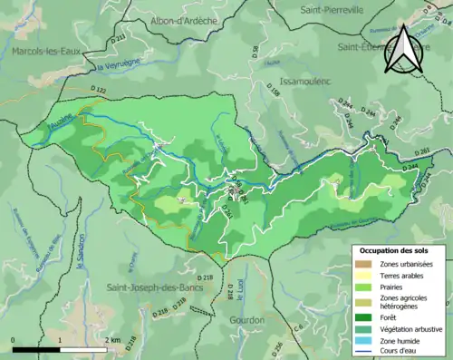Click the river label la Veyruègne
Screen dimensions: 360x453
tap(116, 66)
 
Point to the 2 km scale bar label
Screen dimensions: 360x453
tap(113, 340)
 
